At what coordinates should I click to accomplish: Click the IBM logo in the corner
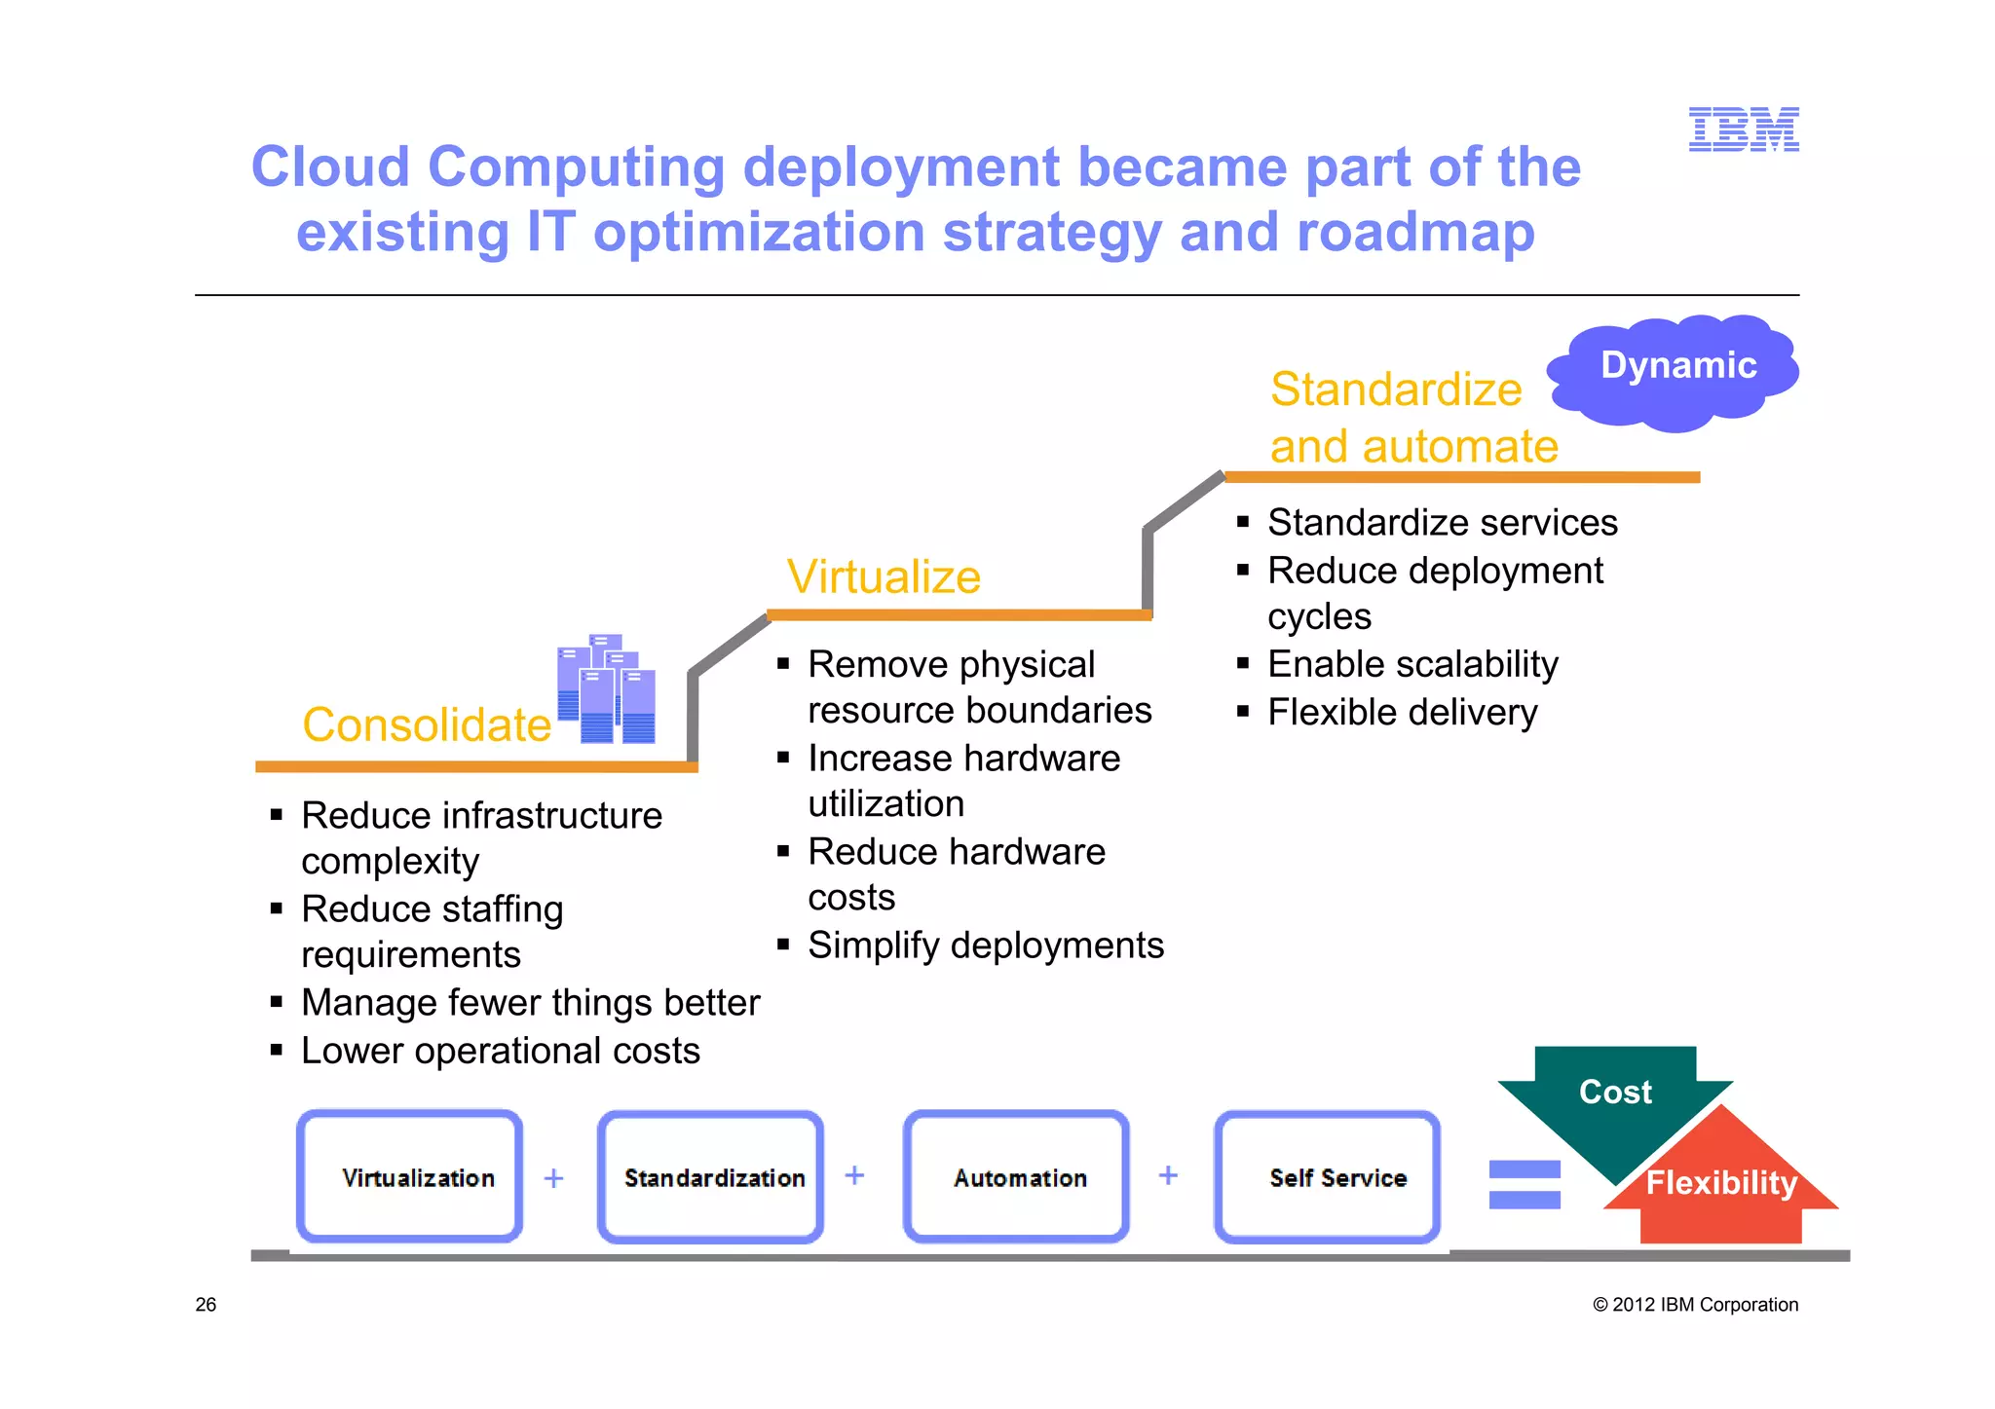click(1743, 130)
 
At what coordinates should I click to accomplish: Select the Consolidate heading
click(427, 724)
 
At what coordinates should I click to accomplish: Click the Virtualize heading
click(884, 576)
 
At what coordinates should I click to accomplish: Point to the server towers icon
click(606, 689)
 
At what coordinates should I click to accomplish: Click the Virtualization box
click(410, 1176)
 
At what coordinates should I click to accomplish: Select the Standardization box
click(711, 1176)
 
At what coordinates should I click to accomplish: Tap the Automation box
click(1017, 1176)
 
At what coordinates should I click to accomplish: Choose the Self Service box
click(1328, 1176)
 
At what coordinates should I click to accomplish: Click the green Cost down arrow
click(1614, 1095)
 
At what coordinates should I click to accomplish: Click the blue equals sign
click(1524, 1184)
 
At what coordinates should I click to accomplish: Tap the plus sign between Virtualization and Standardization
click(554, 1178)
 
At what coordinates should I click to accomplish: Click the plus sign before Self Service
click(1168, 1175)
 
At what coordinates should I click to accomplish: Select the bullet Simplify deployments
click(985, 946)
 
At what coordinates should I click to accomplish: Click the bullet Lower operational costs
click(500, 1051)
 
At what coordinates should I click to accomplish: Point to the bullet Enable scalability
click(1412, 664)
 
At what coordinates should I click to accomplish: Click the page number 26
click(206, 1305)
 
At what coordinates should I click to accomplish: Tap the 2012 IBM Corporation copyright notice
click(1695, 1305)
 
